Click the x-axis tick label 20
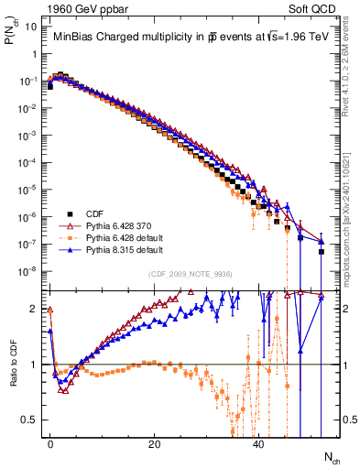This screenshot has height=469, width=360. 155,443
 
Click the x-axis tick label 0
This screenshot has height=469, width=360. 50,443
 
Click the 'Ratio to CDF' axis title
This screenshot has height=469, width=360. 12,364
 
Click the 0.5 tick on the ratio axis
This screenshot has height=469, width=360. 30,420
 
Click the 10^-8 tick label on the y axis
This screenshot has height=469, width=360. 27,271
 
